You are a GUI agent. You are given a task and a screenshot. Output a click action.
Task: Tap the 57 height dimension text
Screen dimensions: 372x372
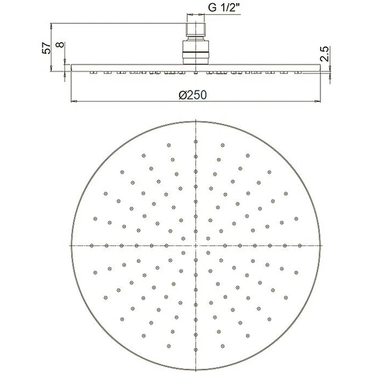click(x=46, y=48)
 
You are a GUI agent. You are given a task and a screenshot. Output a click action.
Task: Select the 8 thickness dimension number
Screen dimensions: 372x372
click(x=60, y=45)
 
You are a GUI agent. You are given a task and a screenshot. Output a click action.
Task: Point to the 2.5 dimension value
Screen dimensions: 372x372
click(x=324, y=54)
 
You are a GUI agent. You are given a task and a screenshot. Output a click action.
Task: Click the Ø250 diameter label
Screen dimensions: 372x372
click(x=193, y=95)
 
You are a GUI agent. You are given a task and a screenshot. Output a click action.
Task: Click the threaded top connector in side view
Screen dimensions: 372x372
click(x=196, y=30)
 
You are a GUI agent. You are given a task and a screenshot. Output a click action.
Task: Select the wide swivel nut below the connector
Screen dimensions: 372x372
click(x=196, y=52)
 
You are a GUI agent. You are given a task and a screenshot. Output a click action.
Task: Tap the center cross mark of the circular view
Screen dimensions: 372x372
click(x=195, y=246)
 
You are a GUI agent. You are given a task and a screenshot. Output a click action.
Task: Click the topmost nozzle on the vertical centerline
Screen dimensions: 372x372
click(x=196, y=142)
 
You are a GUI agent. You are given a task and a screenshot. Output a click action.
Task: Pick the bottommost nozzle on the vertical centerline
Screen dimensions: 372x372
click(x=196, y=350)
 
